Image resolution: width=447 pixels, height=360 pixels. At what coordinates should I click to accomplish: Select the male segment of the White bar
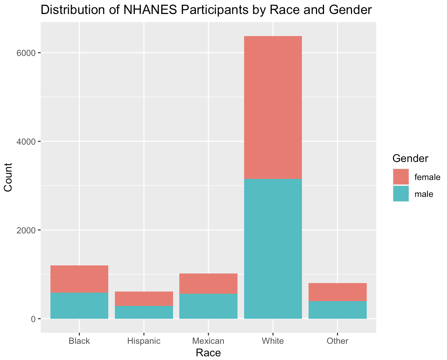[273, 248]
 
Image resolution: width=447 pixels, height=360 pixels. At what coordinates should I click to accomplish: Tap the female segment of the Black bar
[79, 279]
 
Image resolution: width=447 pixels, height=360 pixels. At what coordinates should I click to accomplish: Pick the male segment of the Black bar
[79, 306]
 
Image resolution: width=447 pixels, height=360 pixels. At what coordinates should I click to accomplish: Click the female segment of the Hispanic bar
[144, 299]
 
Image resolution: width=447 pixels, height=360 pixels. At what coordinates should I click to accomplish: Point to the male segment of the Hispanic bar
[144, 312]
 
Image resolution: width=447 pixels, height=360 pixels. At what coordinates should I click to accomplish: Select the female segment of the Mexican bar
[208, 283]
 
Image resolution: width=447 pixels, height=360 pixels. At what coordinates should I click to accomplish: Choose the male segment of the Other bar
[338, 310]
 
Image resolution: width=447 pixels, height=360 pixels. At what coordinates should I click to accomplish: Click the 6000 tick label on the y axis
[27, 53]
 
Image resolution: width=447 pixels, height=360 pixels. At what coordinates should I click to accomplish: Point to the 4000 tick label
[27, 141]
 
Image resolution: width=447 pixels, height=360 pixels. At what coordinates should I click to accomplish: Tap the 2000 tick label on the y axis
[27, 230]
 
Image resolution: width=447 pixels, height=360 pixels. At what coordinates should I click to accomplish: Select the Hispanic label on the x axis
[144, 341]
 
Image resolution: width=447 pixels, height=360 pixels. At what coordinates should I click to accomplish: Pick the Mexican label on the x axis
[208, 341]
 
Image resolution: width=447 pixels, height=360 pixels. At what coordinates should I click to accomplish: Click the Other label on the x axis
[338, 341]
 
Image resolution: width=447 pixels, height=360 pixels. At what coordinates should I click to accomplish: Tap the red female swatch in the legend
[401, 177]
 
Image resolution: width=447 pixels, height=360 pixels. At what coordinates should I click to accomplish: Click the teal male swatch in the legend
[401, 194]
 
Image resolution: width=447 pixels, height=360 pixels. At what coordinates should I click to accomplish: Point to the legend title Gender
[410, 158]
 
